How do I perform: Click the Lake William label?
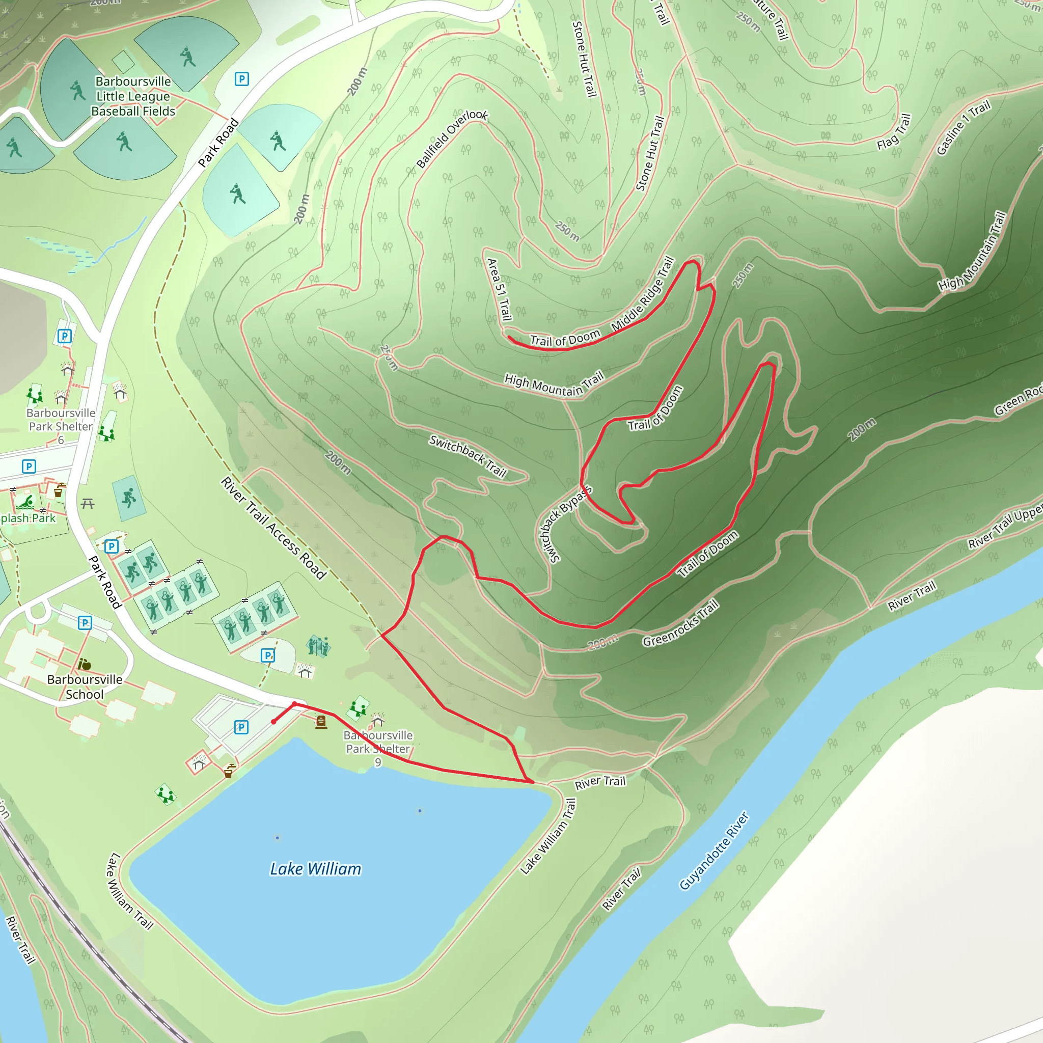coord(315,869)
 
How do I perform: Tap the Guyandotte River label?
coord(713,851)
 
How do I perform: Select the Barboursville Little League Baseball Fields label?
coord(133,96)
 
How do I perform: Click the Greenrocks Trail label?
coord(680,623)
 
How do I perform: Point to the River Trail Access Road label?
coord(273,528)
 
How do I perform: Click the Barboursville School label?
coord(85,687)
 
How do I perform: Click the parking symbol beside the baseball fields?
coord(242,79)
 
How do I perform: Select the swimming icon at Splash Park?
coord(25,503)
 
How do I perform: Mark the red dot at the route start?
coord(273,722)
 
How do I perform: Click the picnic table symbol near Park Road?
coord(88,504)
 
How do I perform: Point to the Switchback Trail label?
coord(468,456)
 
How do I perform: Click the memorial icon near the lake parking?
coord(321,722)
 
